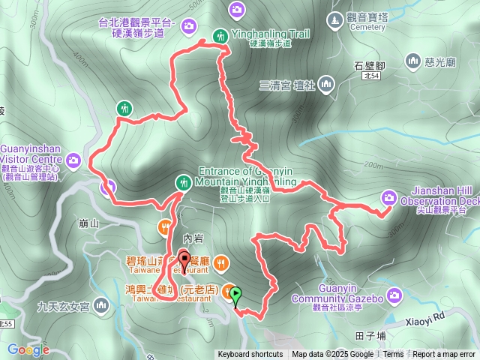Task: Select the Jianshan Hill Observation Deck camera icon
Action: pos(388,197)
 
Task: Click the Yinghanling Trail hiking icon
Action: pos(220,34)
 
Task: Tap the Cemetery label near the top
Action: pos(367,25)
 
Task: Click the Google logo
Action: pos(28,349)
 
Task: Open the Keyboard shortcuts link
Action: pos(250,355)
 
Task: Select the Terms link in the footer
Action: pos(393,355)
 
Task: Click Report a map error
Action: pos(444,355)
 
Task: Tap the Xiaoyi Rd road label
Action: pos(431,316)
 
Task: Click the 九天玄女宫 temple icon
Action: pos(100,306)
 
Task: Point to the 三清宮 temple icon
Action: pos(325,84)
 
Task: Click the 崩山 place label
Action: pos(88,223)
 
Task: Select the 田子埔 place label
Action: pos(370,336)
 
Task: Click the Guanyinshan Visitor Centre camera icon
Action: pos(73,159)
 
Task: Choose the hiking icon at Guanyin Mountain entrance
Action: pos(183,181)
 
